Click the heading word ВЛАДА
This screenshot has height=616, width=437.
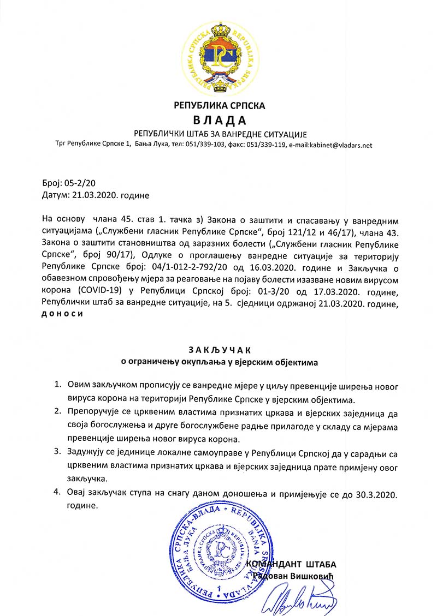click(x=218, y=119)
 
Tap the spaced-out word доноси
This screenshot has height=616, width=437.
click(x=63, y=313)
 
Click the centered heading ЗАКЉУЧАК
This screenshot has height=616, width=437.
click(x=218, y=349)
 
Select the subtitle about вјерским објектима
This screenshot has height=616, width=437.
click(x=218, y=361)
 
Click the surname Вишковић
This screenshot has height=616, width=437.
click(x=314, y=576)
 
